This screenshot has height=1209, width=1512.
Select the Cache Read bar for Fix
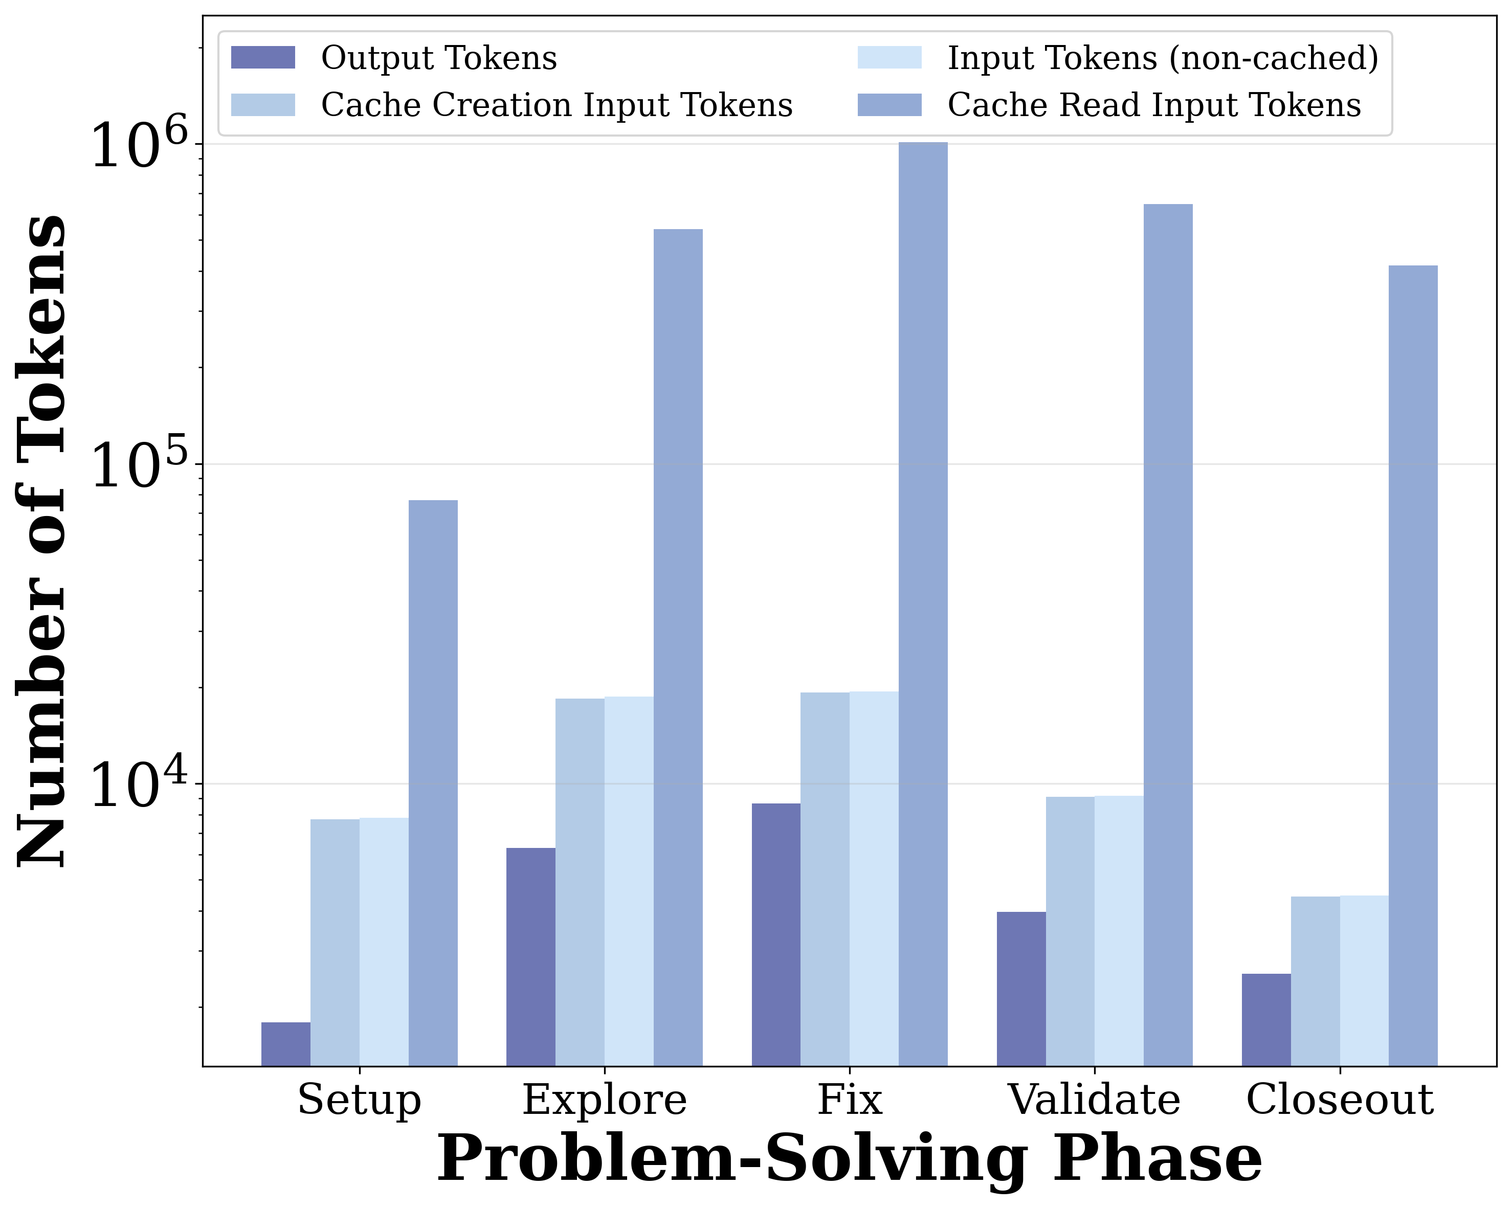(x=923, y=603)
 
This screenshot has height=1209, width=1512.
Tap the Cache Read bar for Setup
(x=433, y=782)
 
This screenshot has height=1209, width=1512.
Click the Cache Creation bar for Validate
(x=1070, y=931)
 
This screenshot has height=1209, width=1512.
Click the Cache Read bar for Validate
(x=1168, y=635)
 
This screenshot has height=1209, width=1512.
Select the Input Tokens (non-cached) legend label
(x=1163, y=57)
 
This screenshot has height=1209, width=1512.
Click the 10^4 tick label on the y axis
(x=140, y=786)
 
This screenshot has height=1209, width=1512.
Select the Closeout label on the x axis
(x=1340, y=1100)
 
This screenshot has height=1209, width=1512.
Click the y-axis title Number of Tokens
(x=42, y=540)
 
